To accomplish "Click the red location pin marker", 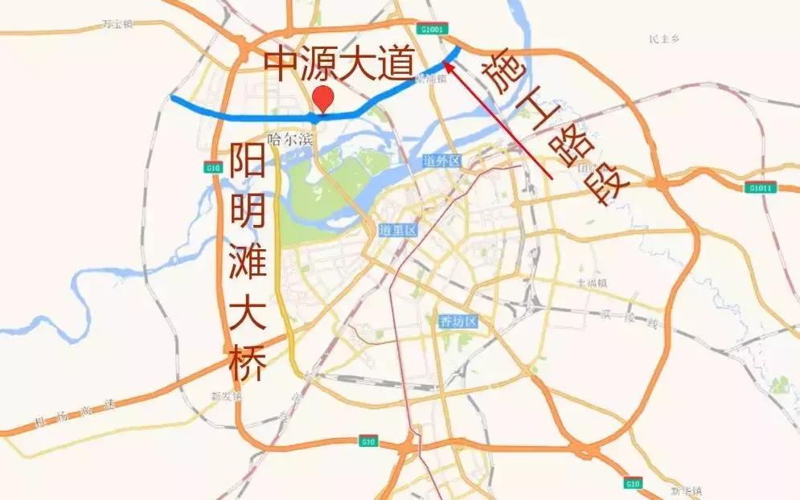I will pyautogui.click(x=323, y=98).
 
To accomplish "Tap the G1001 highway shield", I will pyautogui.click(x=432, y=30).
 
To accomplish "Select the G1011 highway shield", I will pyautogui.click(x=760, y=188).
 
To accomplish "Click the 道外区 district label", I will pyautogui.click(x=442, y=162).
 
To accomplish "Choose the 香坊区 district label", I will pyautogui.click(x=458, y=322).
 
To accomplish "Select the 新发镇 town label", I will pyautogui.click(x=225, y=395).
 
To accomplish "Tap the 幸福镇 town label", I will pyautogui.click(x=592, y=283).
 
